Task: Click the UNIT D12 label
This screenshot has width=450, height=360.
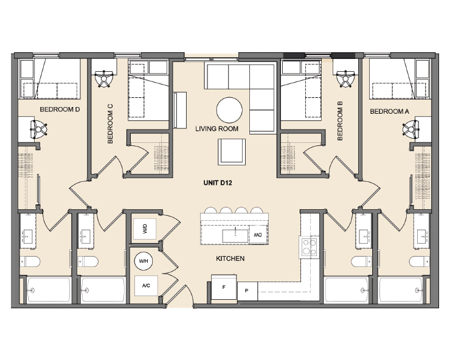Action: (218, 182)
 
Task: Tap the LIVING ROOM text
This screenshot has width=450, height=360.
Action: (216, 128)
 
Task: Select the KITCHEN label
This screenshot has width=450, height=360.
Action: (230, 258)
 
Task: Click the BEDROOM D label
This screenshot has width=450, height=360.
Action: (60, 109)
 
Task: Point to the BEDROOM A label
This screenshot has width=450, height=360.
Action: (389, 111)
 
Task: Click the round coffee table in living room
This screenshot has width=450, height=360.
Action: (229, 110)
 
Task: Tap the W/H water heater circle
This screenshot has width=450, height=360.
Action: (143, 261)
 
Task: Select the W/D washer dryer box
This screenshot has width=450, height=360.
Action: (145, 229)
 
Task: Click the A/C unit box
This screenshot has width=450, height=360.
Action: (146, 286)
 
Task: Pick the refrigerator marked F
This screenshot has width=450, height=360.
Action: (224, 288)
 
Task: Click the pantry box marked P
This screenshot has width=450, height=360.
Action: (247, 291)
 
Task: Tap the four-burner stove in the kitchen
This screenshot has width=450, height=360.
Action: (309, 247)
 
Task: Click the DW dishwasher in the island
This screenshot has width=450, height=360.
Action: (258, 235)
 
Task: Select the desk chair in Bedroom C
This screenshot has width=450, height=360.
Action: (104, 78)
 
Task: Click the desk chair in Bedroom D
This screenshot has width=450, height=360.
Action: (39, 130)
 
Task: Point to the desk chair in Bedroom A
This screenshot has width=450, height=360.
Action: (410, 129)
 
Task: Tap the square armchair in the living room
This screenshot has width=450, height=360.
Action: (232, 152)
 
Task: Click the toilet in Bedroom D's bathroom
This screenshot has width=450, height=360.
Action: (30, 261)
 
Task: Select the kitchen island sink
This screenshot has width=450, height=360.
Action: (235, 236)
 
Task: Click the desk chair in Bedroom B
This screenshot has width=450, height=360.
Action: (346, 78)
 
